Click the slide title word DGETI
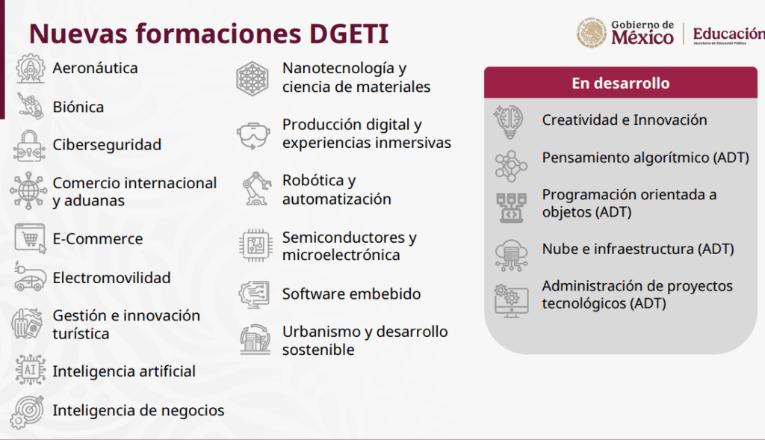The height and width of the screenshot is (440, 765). coord(349,34)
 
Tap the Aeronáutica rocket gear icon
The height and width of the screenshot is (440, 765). coord(30,68)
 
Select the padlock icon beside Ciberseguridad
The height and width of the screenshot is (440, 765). coord(29,146)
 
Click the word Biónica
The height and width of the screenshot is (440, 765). coord(78,107)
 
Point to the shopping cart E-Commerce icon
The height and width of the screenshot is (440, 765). coord(30,238)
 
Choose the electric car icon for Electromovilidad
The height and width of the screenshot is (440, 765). coord(30,276)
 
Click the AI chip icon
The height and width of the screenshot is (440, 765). coord(30,370)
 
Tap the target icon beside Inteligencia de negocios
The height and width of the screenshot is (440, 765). coord(28,411)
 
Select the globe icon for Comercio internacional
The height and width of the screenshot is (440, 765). coord(28,190)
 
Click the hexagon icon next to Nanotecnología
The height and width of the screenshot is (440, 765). coord(253,78)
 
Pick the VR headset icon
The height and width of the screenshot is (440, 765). coord(253,135)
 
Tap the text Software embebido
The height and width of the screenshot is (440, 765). coord(351,294)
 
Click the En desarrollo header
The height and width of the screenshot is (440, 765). coord(621,83)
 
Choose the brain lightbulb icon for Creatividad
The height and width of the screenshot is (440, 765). coord(509,122)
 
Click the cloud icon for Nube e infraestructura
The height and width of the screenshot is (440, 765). coord(511,255)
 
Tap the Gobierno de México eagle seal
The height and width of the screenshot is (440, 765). coord(592,33)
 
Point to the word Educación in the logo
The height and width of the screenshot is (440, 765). coord(729,34)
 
